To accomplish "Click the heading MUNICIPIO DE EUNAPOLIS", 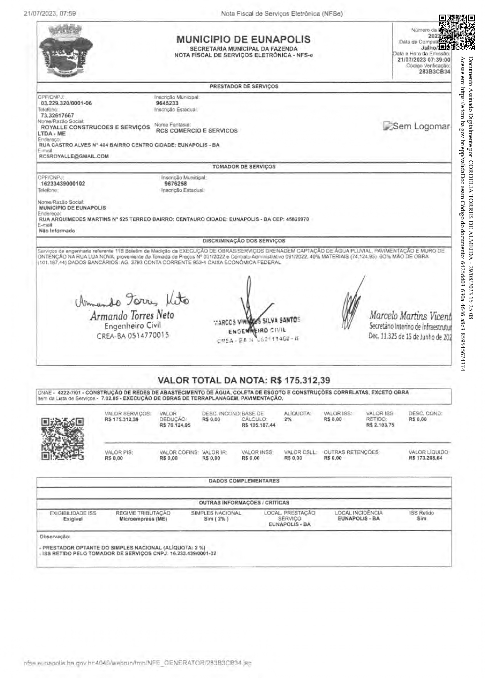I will pyautogui.click(x=243, y=39).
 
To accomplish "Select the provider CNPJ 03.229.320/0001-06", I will pyautogui.click(x=66, y=103).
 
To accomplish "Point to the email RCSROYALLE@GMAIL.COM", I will pyautogui.click(x=74, y=156).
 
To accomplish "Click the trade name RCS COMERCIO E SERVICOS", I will pyautogui.click(x=196, y=131).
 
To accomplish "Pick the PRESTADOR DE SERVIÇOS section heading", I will pyautogui.click(x=243, y=87).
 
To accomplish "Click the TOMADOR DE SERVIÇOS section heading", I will pyautogui.click(x=243, y=167).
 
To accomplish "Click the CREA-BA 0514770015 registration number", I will pyautogui.click(x=133, y=335).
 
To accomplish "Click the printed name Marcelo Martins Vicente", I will pyautogui.click(x=409, y=316).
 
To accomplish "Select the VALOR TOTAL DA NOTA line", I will pyautogui.click(x=243, y=380).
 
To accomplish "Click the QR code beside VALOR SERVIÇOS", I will pyautogui.click(x=62, y=439).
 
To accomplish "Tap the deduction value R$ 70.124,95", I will pyautogui.click(x=175, y=425).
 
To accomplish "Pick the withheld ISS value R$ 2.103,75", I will pyautogui.click(x=380, y=425).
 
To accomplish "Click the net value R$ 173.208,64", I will pyautogui.click(x=425, y=458).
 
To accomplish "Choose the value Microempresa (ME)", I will pyautogui.click(x=143, y=519).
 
